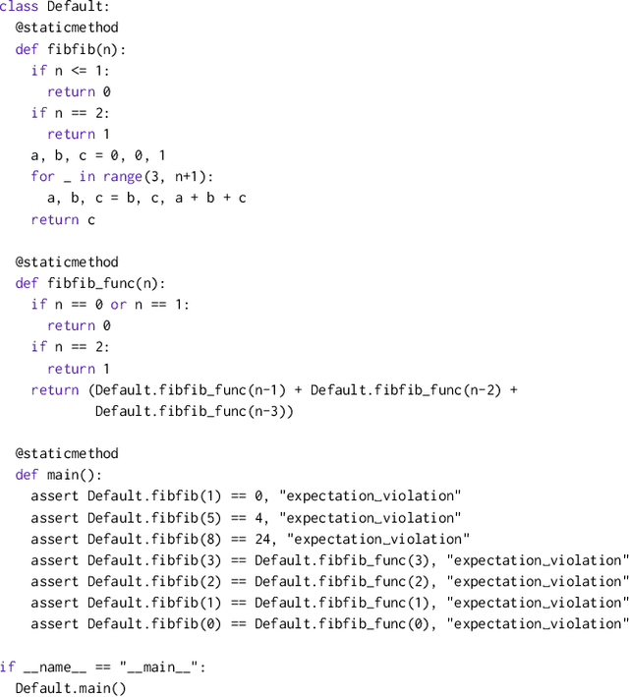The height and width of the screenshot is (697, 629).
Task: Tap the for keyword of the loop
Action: point(43,177)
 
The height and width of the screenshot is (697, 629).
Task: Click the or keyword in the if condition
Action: point(119,305)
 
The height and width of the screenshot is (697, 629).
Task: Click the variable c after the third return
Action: point(91,220)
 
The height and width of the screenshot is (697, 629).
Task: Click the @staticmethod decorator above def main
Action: point(67,454)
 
